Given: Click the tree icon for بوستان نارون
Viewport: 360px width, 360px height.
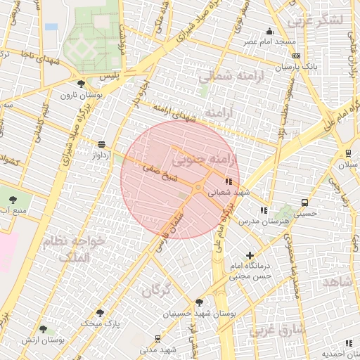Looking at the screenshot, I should click(82, 84).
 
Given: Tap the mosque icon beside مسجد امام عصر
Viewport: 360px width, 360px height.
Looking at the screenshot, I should click(269, 32).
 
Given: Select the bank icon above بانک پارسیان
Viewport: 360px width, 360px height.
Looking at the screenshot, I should click(296, 56).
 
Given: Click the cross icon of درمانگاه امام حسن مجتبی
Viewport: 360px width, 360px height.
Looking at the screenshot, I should click(250, 255).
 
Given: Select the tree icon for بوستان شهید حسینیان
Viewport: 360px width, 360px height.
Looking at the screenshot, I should click(199, 302).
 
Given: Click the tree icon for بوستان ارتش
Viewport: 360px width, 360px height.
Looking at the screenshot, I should click(43, 329).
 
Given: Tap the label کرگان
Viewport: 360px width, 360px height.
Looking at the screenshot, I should click(156, 290).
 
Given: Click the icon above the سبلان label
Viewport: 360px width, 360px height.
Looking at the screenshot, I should click(348, 153).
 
